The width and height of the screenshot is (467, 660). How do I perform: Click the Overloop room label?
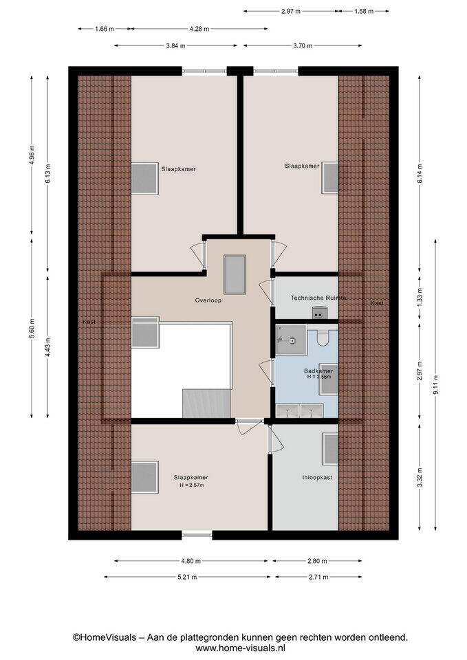point(208,300)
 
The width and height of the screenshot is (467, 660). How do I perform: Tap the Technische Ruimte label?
point(318,298)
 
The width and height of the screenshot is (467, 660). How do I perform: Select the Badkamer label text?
point(318,371)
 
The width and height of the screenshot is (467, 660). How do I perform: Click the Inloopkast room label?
point(317,477)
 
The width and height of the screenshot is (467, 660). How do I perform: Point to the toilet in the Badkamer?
point(323,338)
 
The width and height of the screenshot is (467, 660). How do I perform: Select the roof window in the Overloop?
point(235,274)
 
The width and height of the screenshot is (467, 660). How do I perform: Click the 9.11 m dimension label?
point(435,384)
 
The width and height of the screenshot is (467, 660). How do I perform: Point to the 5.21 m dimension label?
point(186,577)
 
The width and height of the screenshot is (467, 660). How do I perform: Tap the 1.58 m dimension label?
point(364,12)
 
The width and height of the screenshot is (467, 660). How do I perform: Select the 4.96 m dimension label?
point(32,155)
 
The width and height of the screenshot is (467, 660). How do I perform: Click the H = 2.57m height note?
point(192,485)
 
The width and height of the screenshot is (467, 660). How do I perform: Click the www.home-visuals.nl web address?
point(241,648)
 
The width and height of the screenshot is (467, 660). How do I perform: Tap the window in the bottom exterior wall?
point(197,535)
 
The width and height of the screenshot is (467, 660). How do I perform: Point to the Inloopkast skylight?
point(330,449)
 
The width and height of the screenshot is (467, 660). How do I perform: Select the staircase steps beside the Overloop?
point(206,404)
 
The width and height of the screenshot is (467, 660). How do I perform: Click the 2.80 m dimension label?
point(317,561)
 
